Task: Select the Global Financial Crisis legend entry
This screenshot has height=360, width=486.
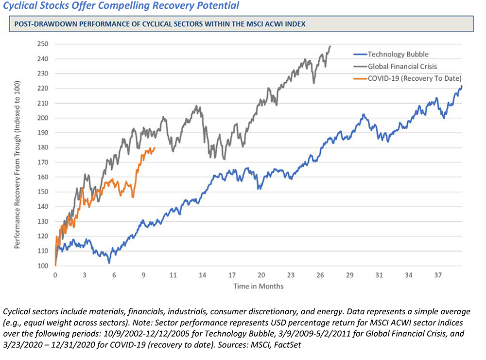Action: pyautogui.click(x=397, y=66)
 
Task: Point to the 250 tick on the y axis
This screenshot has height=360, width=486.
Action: pyautogui.click(x=42, y=44)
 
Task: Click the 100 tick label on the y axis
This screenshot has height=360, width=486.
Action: pyautogui.click(x=42, y=266)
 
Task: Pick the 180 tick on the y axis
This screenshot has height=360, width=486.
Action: pyautogui.click(x=42, y=148)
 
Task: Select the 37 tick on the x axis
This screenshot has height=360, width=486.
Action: pyautogui.click(x=438, y=275)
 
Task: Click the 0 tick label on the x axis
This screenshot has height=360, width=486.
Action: pyautogui.click(x=55, y=275)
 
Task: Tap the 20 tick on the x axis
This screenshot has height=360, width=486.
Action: pyautogui.click(x=261, y=275)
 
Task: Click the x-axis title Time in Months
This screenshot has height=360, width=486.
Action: pyautogui.click(x=258, y=286)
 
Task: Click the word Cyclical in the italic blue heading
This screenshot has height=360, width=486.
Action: pyautogui.click(x=20, y=6)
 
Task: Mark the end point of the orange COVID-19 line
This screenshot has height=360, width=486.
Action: pyautogui.click(x=155, y=148)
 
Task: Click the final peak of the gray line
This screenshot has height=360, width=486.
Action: pyautogui.click(x=330, y=47)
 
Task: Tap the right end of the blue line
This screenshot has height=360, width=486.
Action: pyautogui.click(x=461, y=86)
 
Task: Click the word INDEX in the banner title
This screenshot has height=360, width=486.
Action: pyautogui.click(x=295, y=24)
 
